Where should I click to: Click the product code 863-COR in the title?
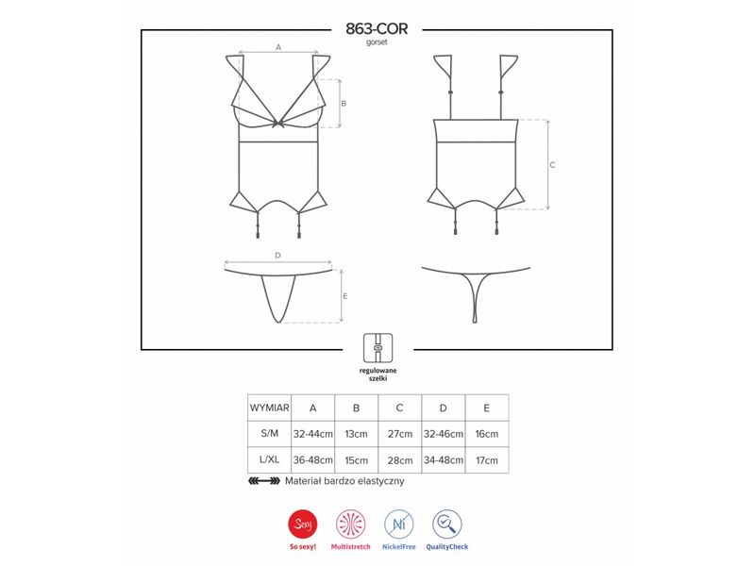click(x=377, y=29)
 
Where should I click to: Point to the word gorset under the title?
click(x=377, y=42)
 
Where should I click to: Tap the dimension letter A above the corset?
click(x=278, y=47)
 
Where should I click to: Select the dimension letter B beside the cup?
click(x=344, y=104)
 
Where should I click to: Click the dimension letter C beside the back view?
click(x=552, y=164)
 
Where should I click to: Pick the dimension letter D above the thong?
click(x=277, y=256)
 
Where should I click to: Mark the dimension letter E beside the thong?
click(x=345, y=296)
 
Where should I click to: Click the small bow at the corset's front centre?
click(x=278, y=124)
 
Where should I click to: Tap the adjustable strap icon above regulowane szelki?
click(x=378, y=348)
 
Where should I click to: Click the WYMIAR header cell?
click(x=270, y=408)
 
